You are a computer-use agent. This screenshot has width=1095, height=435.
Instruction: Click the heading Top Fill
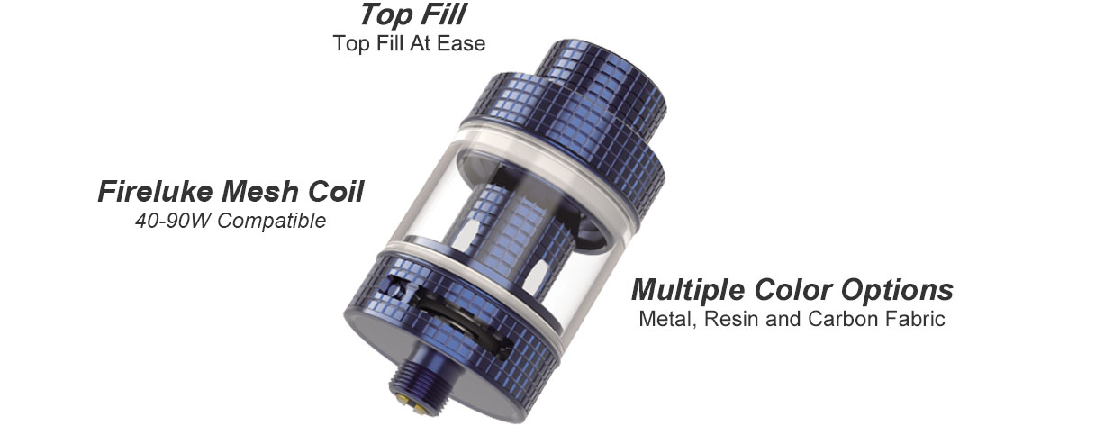[x=413, y=14]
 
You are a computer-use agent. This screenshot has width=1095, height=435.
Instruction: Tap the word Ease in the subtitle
[x=461, y=43]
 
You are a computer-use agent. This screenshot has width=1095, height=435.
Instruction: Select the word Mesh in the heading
[x=259, y=191]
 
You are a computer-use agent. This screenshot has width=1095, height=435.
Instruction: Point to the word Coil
[x=336, y=191]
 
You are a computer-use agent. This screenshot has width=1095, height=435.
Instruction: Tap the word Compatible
[x=272, y=221]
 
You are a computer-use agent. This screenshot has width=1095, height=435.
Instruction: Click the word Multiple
[x=688, y=290]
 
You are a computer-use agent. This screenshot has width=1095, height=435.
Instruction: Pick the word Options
[x=897, y=290]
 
